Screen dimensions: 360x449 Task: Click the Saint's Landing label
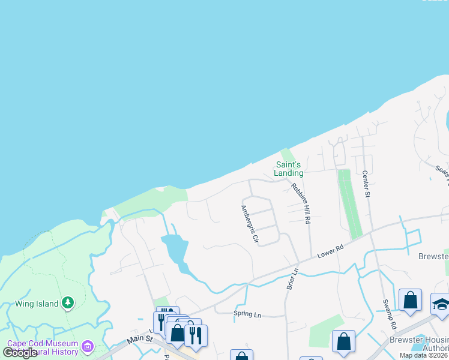(289, 169)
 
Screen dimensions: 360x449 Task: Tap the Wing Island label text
(37, 304)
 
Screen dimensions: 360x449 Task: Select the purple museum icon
(88, 346)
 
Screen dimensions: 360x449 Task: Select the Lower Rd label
(330, 252)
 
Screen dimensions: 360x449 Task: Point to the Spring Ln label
(247, 314)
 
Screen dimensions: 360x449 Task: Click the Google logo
(20, 353)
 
